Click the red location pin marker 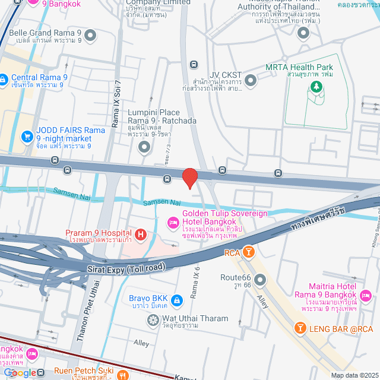189,178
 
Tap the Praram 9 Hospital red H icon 141,235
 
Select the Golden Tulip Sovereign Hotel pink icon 173,223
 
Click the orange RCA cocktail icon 249,252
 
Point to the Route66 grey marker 260,279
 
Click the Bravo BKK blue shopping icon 176,302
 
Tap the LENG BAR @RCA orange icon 300,328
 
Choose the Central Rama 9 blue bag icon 4,78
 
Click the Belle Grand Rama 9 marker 90,36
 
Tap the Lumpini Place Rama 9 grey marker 143,146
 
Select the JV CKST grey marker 250,79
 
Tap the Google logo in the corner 20,373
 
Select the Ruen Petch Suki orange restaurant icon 122,375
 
